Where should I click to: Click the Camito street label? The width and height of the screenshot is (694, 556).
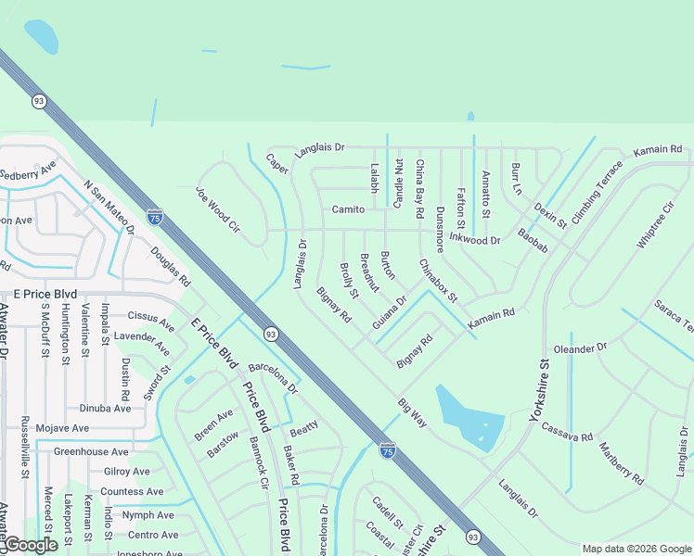(348, 209)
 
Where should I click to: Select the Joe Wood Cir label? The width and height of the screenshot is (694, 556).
(218, 209)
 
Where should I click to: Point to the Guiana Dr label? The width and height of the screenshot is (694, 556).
(390, 312)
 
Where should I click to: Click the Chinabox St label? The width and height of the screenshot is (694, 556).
(438, 281)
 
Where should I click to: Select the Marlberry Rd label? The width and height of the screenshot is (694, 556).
(621, 464)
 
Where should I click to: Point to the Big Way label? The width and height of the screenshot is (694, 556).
(412, 413)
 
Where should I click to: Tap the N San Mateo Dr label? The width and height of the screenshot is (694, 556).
(109, 208)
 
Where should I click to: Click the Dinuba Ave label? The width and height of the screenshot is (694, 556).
(105, 408)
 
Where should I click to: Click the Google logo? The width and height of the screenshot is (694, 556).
(30, 545)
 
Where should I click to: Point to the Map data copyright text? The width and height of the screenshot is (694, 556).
(636, 549)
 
